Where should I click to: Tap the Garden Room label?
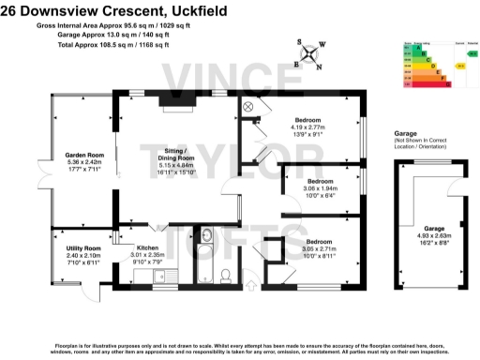click(82, 155)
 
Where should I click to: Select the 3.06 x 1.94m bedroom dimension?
click(321, 187)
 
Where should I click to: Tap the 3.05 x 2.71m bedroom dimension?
click(321, 248)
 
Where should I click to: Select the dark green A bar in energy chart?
click(411, 47)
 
